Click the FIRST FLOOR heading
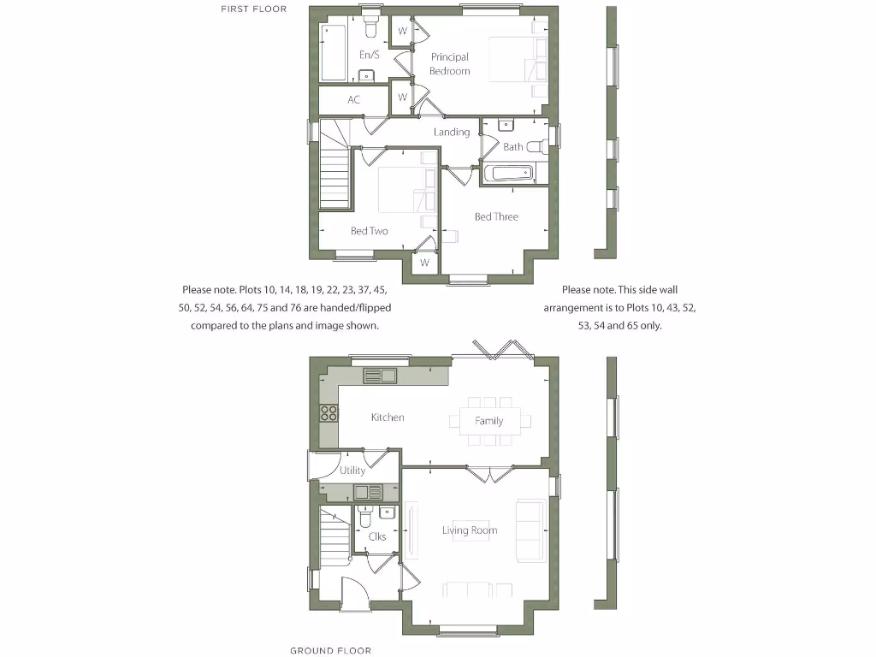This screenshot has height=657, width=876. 253,9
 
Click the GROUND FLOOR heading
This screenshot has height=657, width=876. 330,650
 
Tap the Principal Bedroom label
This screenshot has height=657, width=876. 450,64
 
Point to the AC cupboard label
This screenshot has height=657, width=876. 353,100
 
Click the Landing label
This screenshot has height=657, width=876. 451,132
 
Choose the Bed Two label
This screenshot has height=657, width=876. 370,231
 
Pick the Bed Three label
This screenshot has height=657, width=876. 496,216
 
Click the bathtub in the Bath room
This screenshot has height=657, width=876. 508,174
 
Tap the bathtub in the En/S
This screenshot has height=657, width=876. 332,53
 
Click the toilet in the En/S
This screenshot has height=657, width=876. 370,29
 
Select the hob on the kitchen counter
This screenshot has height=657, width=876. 328,413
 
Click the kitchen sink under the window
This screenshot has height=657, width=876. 379,376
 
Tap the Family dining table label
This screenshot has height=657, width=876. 489,421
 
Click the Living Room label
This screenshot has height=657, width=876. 470,530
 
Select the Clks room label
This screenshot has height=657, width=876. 376,536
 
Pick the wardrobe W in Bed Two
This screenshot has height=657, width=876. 423,263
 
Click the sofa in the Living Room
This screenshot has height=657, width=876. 529,530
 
